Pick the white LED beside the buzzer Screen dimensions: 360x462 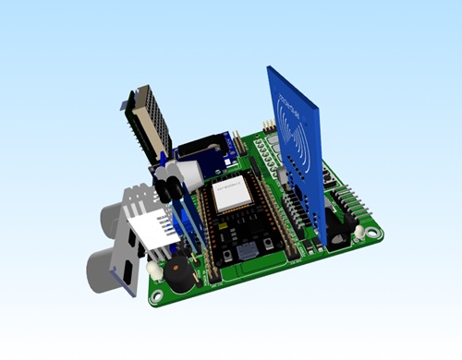pos(152,270)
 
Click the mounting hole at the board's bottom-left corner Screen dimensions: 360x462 pos(158,296)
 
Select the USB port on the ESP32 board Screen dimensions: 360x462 pos(247,252)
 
